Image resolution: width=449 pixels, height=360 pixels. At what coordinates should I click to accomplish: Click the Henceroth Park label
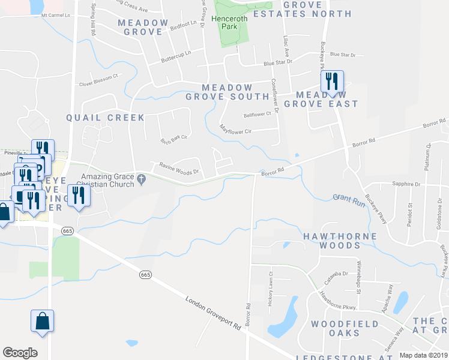point(228,23)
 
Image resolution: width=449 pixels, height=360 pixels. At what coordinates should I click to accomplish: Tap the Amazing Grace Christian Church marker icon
point(142,178)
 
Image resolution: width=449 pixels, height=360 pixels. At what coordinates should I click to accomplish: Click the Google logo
point(20,353)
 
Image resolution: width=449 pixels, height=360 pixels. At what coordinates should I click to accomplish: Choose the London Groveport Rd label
point(213,313)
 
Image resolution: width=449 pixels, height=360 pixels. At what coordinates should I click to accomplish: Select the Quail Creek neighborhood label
point(106,118)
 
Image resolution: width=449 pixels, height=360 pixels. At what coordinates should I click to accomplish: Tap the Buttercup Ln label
point(175,57)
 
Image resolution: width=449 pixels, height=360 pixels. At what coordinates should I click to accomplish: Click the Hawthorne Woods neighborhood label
point(340,241)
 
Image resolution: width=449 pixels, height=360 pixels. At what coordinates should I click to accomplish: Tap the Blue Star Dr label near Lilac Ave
point(278,62)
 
